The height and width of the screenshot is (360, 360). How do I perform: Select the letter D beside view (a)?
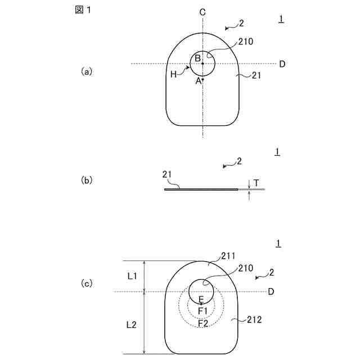[282, 64]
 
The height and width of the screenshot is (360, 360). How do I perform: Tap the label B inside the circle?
[198, 58]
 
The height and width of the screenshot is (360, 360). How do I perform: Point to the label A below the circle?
[198, 81]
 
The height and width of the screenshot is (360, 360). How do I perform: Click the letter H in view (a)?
[174, 74]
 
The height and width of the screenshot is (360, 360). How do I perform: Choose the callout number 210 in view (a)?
[246, 41]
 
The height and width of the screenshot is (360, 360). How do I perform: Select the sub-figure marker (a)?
[86, 71]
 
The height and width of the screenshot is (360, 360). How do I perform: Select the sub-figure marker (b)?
[86, 181]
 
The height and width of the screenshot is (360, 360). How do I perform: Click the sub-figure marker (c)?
[86, 283]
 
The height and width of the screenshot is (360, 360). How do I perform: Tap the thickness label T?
[256, 183]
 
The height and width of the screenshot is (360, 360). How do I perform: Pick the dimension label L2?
[131, 325]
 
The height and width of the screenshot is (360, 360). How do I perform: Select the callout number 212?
[254, 319]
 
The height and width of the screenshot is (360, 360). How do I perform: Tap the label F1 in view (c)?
[203, 311]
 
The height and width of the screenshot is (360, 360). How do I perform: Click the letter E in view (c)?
[201, 300]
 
